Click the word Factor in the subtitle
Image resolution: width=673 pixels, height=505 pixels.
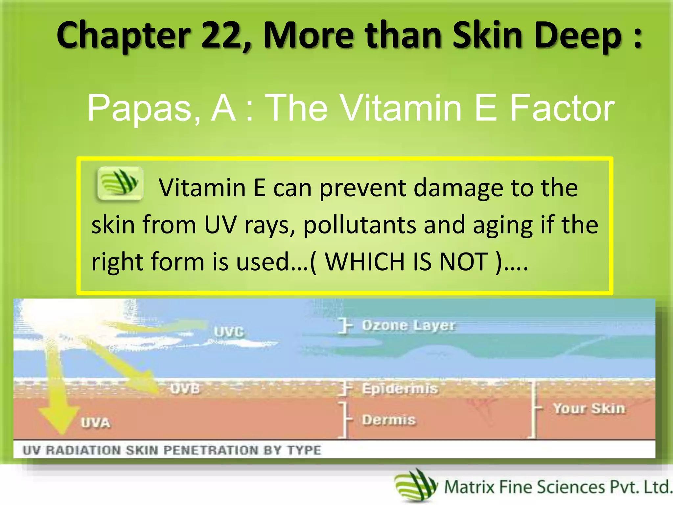tap(562, 108)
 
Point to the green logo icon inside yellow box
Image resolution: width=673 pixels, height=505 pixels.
tap(120, 183)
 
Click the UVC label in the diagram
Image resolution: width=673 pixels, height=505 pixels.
tap(229, 332)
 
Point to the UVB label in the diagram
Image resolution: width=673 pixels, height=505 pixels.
tap(185, 389)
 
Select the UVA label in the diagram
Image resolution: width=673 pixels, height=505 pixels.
tap(95, 422)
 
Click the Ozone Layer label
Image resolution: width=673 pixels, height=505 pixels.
tap(408, 325)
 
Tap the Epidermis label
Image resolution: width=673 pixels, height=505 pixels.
tap(400, 389)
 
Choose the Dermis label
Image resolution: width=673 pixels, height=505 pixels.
tap(389, 420)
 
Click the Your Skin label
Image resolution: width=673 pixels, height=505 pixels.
tap(589, 408)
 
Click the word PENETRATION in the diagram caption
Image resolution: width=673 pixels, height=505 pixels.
tap(211, 450)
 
